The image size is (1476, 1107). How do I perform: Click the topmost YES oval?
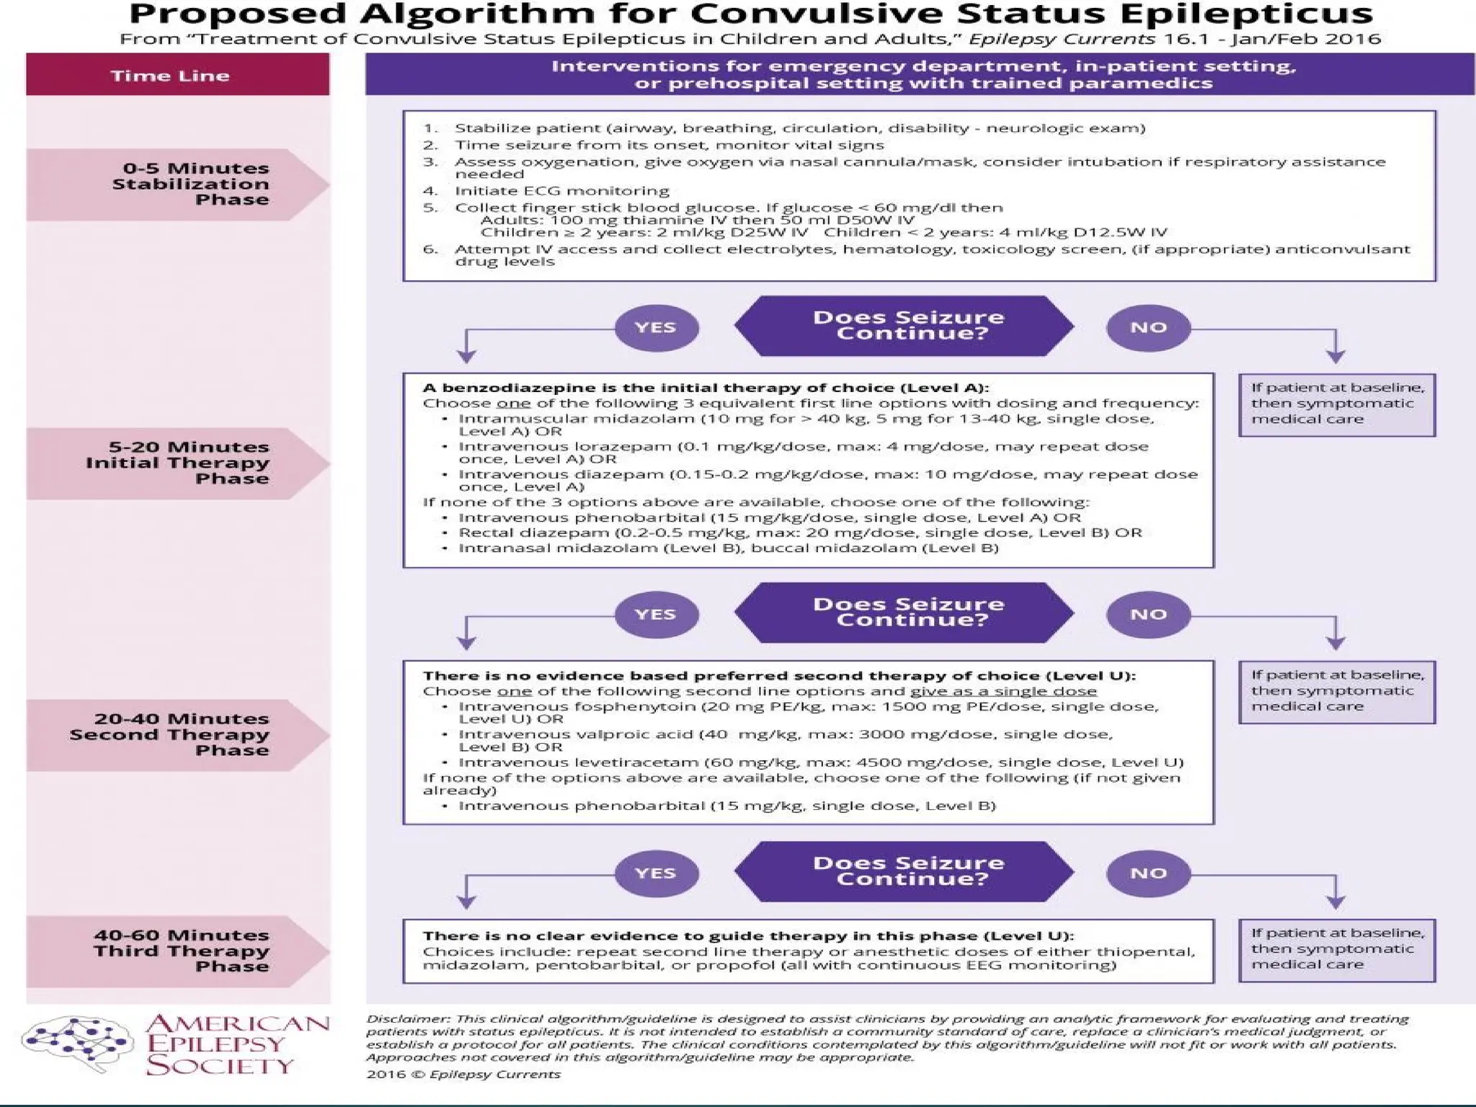[656, 328]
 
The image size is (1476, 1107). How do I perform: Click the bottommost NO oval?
[1148, 873]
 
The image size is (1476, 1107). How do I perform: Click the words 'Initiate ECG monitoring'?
[562, 191]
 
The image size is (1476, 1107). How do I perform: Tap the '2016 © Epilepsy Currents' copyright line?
[463, 1074]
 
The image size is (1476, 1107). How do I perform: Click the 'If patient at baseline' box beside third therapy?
[1337, 949]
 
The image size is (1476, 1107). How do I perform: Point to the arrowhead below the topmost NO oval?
[1335, 357]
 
